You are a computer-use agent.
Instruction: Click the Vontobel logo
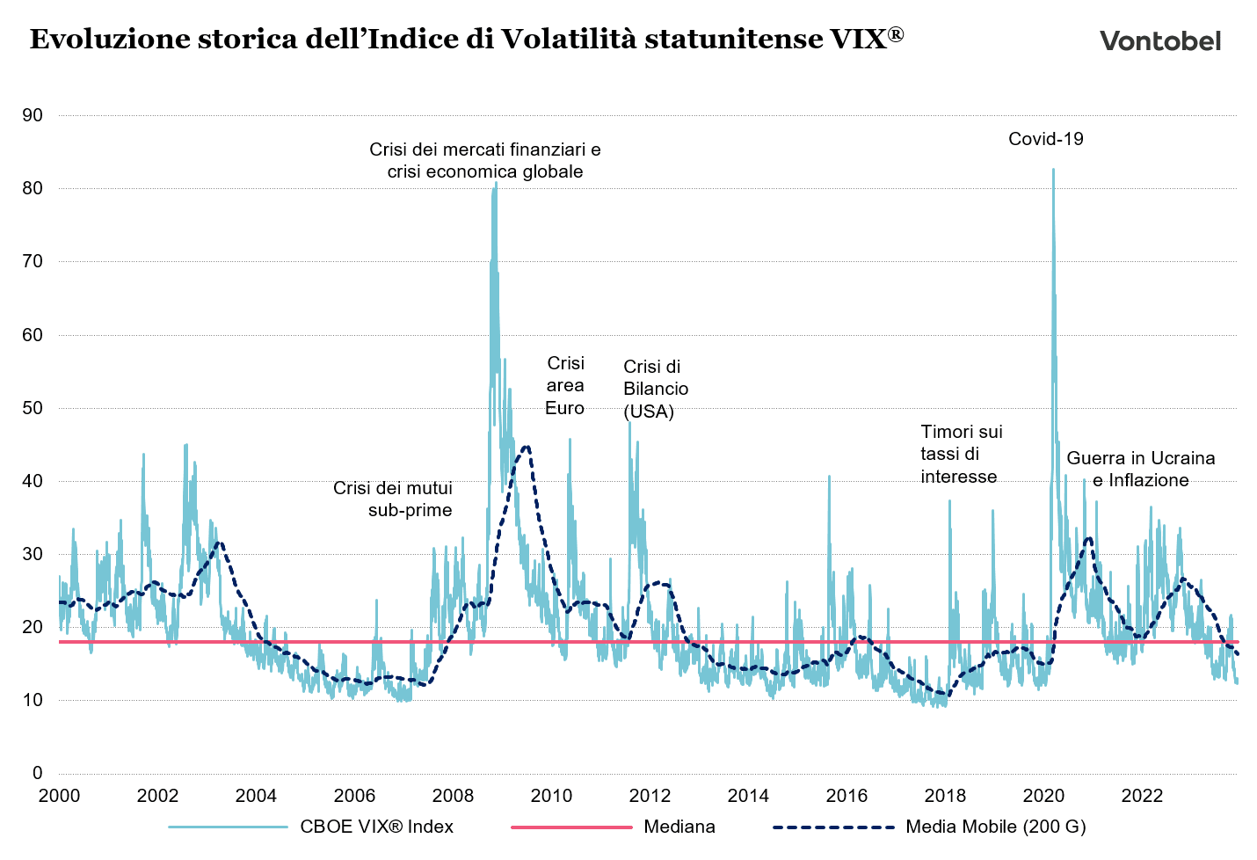point(1159,40)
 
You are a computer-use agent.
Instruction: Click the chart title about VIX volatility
point(466,39)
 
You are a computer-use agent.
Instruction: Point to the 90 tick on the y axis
point(33,115)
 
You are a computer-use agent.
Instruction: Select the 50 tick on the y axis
point(33,408)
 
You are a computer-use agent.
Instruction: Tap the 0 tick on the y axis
point(37,773)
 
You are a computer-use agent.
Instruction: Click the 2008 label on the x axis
point(454,796)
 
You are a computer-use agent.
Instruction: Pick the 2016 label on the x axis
point(847,796)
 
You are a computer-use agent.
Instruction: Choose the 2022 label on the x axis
point(1143,796)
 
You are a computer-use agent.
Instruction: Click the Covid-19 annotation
point(1045,139)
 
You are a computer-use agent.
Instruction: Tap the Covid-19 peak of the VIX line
point(1053,170)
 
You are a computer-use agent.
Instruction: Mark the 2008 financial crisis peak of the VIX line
point(496,183)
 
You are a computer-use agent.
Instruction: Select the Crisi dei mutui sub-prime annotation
point(393,499)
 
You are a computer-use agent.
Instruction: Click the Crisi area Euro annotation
point(565,385)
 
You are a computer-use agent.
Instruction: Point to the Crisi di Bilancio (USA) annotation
point(656,389)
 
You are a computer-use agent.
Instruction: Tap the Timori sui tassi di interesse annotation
point(961,454)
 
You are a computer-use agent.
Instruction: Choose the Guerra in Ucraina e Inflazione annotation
point(1140,469)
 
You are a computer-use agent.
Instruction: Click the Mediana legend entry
point(679,827)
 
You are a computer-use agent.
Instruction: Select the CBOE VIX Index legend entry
point(376,827)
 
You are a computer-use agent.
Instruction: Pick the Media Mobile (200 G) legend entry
point(995,827)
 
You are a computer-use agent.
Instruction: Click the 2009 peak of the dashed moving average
point(526,447)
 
